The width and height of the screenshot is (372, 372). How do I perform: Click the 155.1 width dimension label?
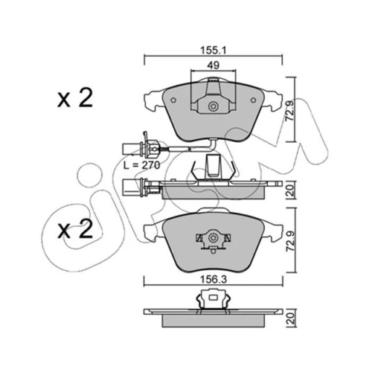(214, 51)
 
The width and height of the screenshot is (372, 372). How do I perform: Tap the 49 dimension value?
(214, 65)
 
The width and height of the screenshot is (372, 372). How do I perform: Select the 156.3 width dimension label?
(214, 280)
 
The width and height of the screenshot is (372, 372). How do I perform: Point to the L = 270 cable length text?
(142, 165)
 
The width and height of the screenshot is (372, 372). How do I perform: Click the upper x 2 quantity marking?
(75, 98)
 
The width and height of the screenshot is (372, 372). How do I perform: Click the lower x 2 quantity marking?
(75, 229)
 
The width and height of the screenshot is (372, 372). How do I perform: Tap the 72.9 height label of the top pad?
(289, 111)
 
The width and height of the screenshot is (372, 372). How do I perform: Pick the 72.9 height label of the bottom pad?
(289, 241)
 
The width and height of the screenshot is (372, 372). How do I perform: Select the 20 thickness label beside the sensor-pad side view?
(290, 190)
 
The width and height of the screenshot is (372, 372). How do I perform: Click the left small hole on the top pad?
(173, 100)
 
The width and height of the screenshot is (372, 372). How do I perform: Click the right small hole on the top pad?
(253, 100)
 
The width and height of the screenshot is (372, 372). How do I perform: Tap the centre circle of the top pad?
(213, 107)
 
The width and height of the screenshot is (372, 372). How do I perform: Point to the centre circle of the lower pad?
(213, 238)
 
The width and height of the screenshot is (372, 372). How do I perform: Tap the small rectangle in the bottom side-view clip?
(213, 297)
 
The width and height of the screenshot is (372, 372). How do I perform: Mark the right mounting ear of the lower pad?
(273, 232)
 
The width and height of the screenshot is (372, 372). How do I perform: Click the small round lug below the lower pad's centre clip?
(213, 251)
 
